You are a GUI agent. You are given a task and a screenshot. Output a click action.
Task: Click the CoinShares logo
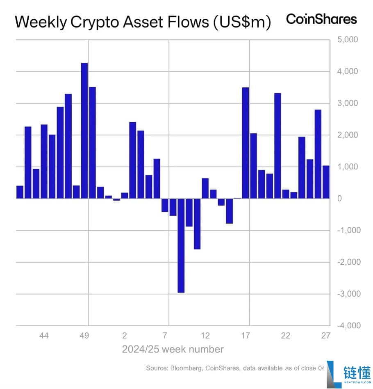pos(321,19)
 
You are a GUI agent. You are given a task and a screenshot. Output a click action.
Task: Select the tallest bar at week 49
pos(84,131)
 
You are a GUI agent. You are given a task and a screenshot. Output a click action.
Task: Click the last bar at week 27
pos(326,182)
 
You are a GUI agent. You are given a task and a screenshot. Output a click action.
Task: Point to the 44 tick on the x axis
pos(44,336)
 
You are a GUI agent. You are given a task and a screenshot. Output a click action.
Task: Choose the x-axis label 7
pos(165,336)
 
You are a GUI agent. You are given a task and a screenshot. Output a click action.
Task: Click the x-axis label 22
pos(285,336)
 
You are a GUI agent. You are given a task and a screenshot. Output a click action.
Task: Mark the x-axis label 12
pos(205,336)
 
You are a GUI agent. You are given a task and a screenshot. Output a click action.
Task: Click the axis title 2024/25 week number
pos(173,350)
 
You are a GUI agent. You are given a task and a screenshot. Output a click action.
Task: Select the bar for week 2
pos(125,196)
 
